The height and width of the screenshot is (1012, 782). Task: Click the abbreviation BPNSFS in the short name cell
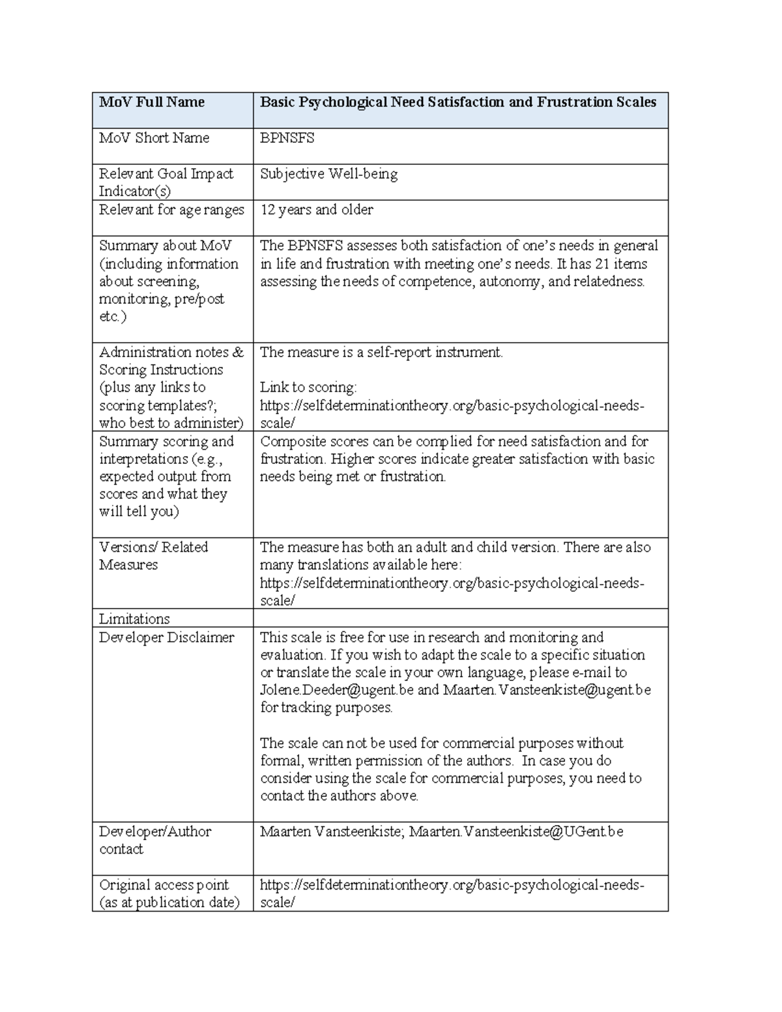pos(287,138)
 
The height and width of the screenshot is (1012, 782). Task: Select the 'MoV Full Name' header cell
pos(152,102)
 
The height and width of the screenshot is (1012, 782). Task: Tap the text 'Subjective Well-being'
pos(328,174)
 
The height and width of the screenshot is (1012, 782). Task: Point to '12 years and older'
pos(317,210)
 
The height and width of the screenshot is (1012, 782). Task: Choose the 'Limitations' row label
pos(134,618)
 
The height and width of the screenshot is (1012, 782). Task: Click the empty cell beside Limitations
pos(460,618)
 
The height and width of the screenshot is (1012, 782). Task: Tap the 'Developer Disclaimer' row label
pos(166,637)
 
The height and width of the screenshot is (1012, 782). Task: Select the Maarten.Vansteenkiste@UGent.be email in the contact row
pos(516,831)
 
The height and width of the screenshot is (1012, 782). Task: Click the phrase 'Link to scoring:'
pos(308,388)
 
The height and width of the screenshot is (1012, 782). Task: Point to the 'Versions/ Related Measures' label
pos(153,556)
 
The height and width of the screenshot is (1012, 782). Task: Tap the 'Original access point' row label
pos(164,885)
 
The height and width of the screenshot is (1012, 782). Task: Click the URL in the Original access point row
pos(452,885)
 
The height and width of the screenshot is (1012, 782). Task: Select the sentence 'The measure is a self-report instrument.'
pos(381,353)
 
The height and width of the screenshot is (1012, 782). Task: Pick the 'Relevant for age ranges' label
pos(171,210)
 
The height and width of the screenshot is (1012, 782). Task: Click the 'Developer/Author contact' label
pos(155,840)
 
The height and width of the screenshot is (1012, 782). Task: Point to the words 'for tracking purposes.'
pos(326,708)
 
